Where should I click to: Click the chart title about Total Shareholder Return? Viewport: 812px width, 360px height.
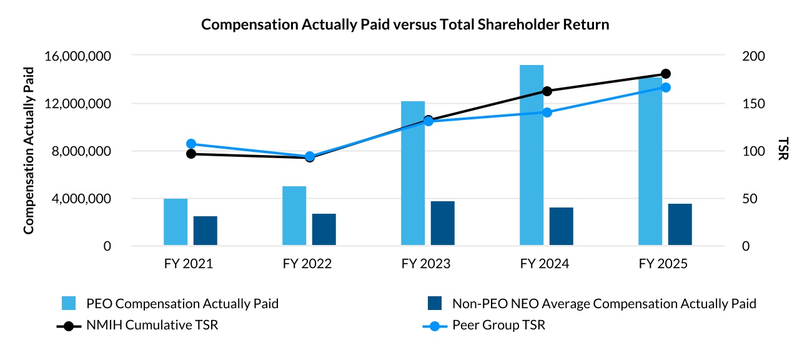tap(405, 25)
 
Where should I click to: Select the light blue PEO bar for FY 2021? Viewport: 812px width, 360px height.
tap(176, 222)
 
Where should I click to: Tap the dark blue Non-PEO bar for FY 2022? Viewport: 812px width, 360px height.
tap(324, 229)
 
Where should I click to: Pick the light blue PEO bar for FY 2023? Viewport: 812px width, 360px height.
tap(413, 173)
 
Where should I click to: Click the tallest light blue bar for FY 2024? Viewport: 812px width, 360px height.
tap(532, 155)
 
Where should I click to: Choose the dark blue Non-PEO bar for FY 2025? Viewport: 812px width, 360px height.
tap(680, 224)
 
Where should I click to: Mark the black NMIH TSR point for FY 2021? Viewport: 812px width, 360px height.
tap(191, 154)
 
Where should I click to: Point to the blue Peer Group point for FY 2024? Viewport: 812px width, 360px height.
tap(547, 112)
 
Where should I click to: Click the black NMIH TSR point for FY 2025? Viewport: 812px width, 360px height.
tap(666, 74)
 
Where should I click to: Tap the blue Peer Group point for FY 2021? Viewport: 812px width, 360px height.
tap(191, 144)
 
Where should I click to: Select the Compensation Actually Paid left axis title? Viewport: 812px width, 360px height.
tap(29, 151)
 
